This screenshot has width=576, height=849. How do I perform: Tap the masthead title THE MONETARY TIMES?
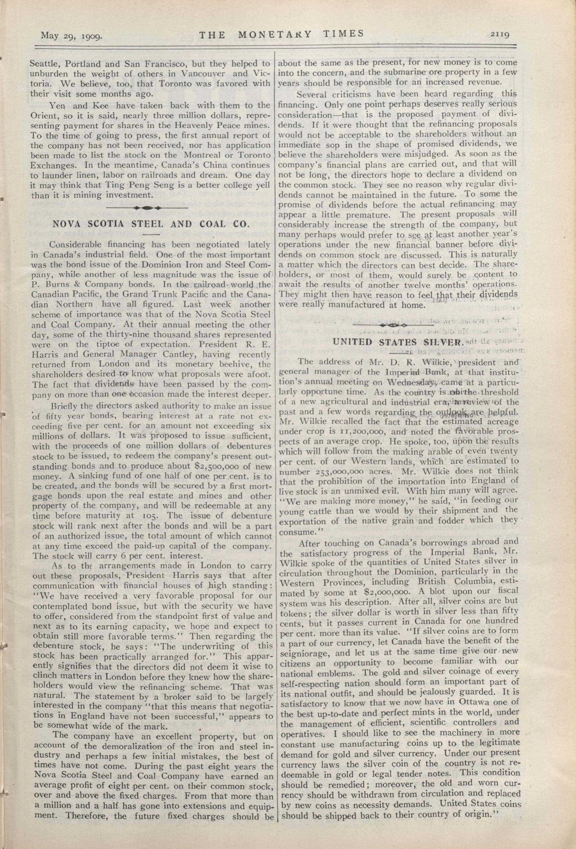(282, 34)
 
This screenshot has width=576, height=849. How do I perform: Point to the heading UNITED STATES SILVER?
(398, 342)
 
